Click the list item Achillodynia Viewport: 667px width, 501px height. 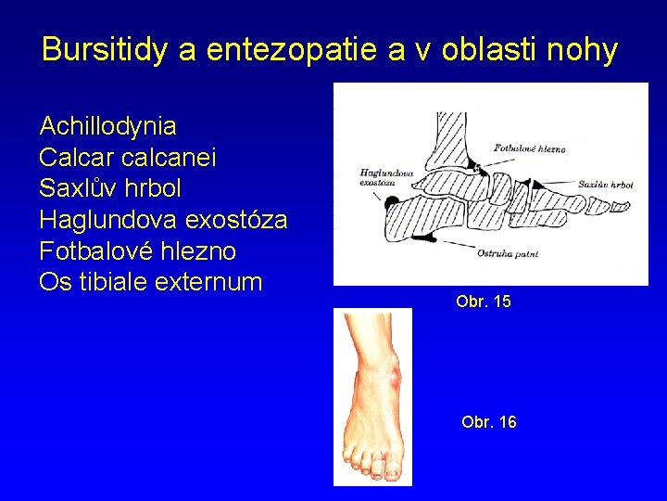pyautogui.click(x=107, y=125)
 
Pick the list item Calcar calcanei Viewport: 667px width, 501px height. pyautogui.click(x=128, y=157)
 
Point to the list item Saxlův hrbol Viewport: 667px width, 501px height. pyautogui.click(x=110, y=188)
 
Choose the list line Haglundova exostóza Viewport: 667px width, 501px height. pyautogui.click(x=163, y=220)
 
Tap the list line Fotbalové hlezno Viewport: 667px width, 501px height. pyautogui.click(x=137, y=251)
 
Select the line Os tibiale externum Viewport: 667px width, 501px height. pyautogui.click(x=151, y=282)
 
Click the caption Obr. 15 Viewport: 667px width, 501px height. pyautogui.click(x=483, y=302)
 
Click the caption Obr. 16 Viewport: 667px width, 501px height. pyautogui.click(x=488, y=423)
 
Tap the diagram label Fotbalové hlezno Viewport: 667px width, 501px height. pyautogui.click(x=529, y=148)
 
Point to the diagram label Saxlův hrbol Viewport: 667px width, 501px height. pyautogui.click(x=605, y=185)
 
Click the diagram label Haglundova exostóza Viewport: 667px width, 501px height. pyautogui.click(x=374, y=176)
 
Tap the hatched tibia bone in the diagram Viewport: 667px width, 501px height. pyautogui.click(x=451, y=135)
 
